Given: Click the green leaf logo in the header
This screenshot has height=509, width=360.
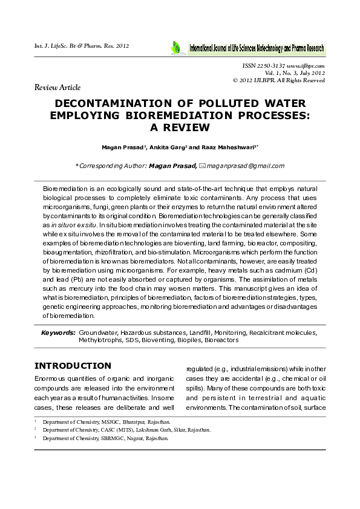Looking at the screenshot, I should coord(175,47).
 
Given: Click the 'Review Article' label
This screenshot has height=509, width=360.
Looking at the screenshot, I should coord(57,88).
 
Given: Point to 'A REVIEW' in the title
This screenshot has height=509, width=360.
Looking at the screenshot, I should coord(180,128).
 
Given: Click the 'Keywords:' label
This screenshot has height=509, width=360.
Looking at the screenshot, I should coord(58,332).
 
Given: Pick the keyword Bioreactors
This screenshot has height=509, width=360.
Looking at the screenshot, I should coord(221,340).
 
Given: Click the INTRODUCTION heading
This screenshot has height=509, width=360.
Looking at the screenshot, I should coord(73,366).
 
